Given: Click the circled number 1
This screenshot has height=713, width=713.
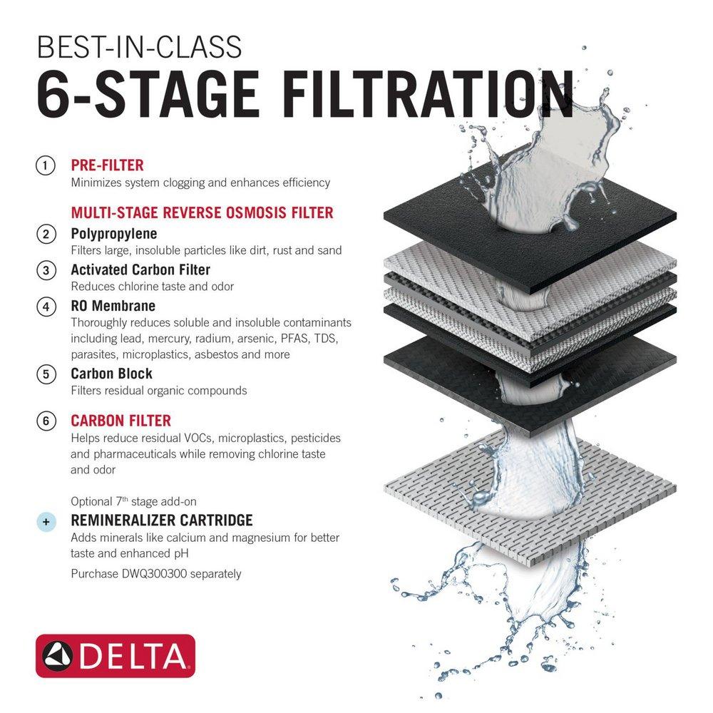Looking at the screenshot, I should coord(46,165).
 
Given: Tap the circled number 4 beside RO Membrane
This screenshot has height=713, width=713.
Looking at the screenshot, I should coord(46,306).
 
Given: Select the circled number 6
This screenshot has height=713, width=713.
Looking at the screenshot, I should coord(46,421).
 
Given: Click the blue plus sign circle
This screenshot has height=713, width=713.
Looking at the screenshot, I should coord(46,522).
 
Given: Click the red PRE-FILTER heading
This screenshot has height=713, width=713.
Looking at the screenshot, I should coord(107,165).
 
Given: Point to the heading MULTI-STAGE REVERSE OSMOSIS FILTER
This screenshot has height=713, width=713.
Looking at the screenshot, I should coord(202,212).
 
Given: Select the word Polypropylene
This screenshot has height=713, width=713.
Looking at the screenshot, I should coord(114,233).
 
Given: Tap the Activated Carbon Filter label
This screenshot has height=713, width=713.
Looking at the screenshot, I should coord(140,270).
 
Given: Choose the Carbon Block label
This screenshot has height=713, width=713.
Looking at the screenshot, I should coord(111,374).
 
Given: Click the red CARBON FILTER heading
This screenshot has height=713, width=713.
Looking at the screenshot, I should coord(120,421).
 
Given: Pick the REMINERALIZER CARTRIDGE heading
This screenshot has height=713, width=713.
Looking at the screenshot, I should coord(162,520).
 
